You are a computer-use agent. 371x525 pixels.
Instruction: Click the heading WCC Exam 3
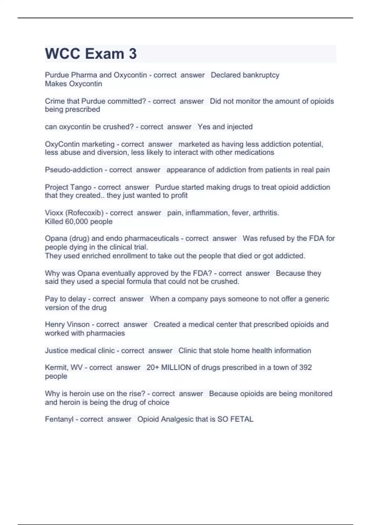click(x=91, y=54)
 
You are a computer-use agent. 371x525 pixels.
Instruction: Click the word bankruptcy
click(x=261, y=75)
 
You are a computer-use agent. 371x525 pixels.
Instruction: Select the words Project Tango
click(x=68, y=187)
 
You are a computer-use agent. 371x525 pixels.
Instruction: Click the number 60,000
click(x=77, y=221)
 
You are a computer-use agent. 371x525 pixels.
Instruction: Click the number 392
click(x=305, y=367)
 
